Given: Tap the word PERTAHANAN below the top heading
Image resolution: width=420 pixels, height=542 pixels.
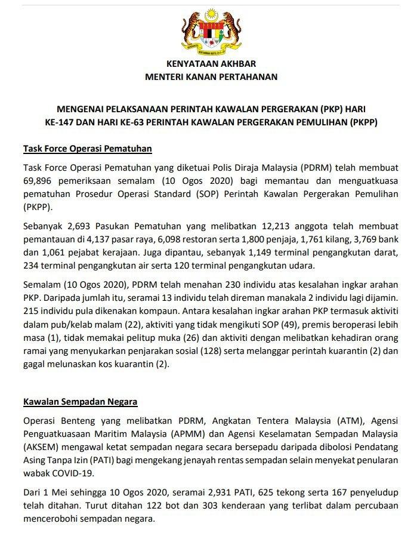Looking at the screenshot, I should coord(249,76).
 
